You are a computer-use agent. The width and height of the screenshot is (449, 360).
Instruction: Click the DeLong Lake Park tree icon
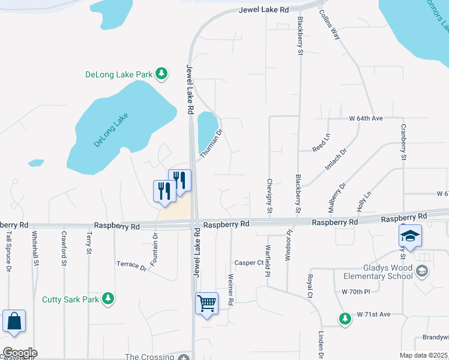(161, 74)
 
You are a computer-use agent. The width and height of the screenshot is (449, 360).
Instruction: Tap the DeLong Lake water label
(112, 130)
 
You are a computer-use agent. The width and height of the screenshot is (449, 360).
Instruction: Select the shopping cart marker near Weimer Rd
(206, 303)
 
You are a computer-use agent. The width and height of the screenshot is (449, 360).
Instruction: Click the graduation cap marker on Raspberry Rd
(410, 236)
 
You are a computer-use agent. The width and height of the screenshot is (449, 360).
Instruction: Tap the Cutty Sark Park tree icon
(108, 299)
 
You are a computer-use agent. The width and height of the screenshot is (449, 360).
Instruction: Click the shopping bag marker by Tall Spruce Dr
(14, 321)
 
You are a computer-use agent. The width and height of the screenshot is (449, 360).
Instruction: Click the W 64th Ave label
(366, 118)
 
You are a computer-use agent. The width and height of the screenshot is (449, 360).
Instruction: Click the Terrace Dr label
(131, 265)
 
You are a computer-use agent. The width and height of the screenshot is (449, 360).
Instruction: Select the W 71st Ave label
(373, 314)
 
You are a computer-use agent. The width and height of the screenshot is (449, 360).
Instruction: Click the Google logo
(20, 352)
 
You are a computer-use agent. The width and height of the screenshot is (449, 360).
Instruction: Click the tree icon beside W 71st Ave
(345, 318)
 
